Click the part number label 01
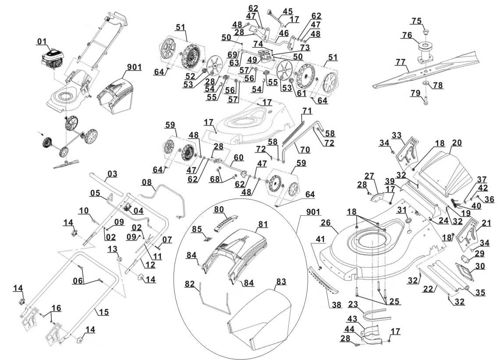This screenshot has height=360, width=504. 42,42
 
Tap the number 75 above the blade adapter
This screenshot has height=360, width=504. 416,21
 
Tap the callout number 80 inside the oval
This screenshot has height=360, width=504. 219,209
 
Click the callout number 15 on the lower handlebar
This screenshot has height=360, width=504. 104,312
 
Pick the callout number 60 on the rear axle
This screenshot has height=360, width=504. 238,157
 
